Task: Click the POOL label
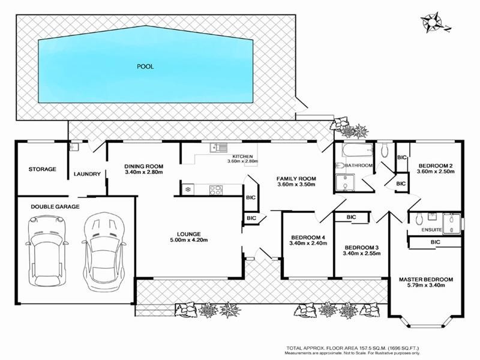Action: pos(145,67)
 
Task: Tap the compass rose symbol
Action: pos(431,22)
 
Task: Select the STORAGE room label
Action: pos(42,169)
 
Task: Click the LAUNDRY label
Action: pos(87,175)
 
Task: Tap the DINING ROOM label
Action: pos(144,166)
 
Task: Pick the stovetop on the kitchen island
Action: pos(216,190)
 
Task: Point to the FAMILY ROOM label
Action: pos(296,179)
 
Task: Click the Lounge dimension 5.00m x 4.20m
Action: pos(188,241)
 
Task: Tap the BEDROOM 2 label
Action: pos(435,166)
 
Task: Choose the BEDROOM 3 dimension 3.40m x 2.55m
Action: pos(361,254)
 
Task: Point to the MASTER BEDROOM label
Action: pos(425,280)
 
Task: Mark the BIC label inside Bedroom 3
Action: pos(351,217)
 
